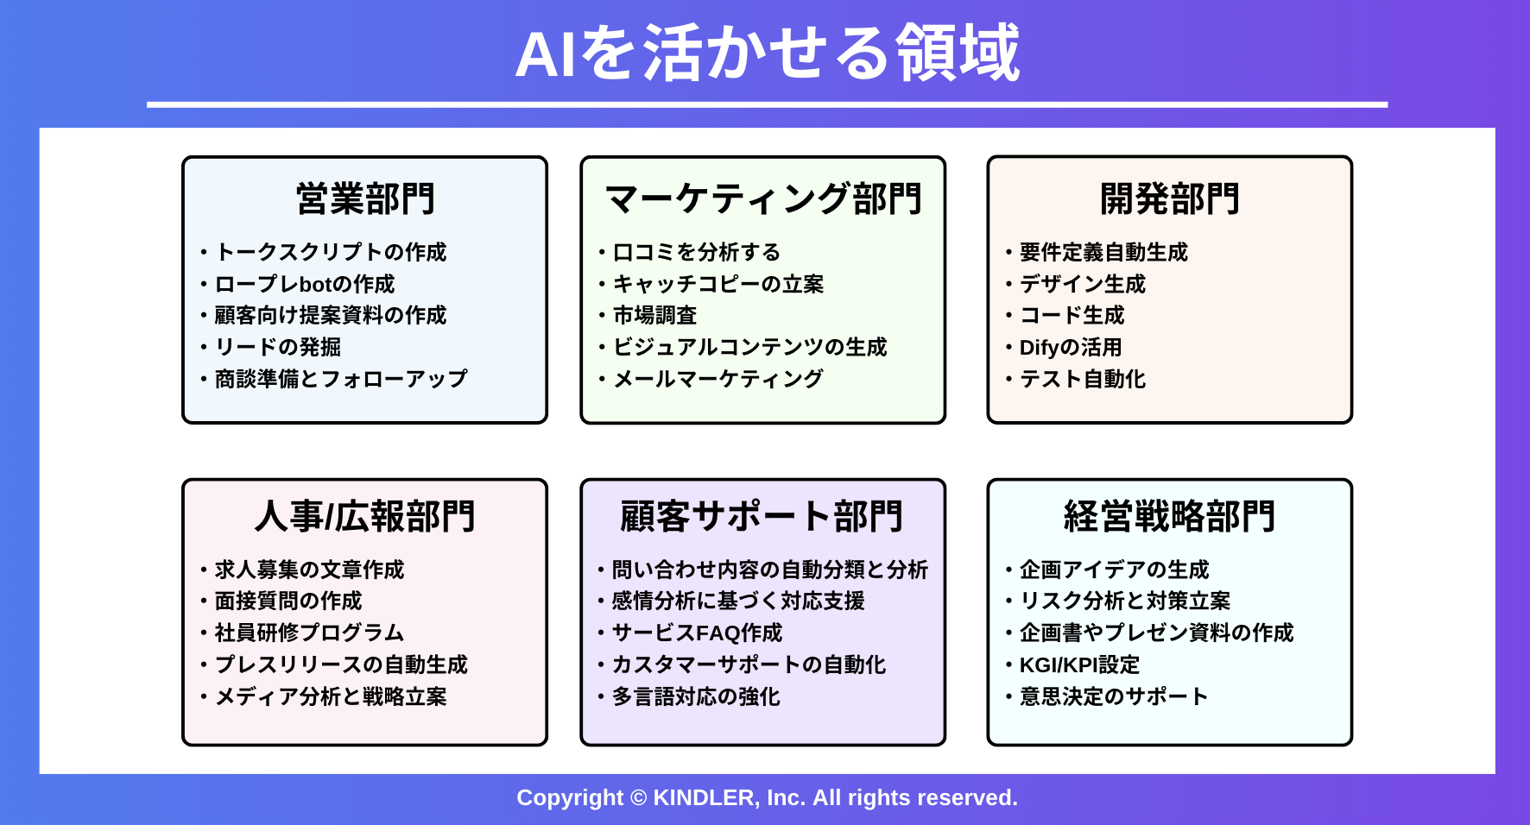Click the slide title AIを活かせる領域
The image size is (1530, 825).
(x=768, y=54)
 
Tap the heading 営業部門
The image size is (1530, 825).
(x=365, y=198)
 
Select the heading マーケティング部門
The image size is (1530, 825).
(x=763, y=198)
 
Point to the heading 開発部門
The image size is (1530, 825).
(x=1170, y=198)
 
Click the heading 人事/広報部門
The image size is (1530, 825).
(x=365, y=516)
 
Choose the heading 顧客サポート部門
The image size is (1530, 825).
(x=762, y=516)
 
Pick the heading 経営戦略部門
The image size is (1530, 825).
(x=1170, y=516)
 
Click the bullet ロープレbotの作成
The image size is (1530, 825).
(x=304, y=284)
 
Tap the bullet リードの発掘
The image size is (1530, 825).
(x=277, y=347)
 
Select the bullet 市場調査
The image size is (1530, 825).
(x=654, y=315)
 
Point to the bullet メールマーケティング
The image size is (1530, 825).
(x=718, y=379)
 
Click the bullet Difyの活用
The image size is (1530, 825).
(x=1071, y=347)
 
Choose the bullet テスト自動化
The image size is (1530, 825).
(x=1083, y=379)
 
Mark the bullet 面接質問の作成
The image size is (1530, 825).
(x=288, y=601)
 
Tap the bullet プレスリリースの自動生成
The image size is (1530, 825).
(x=341, y=664)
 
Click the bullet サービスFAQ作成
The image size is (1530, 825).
(x=697, y=633)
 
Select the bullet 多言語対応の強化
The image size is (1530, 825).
(x=696, y=696)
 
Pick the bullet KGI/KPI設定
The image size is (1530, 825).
(x=1079, y=664)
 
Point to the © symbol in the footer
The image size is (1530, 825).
(x=638, y=797)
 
